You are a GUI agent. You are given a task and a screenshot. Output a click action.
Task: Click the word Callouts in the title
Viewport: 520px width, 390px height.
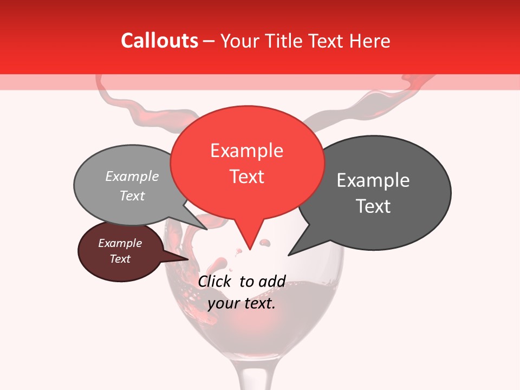pyautogui.click(x=159, y=41)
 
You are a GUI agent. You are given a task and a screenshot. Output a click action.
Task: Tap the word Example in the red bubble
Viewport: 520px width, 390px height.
pyautogui.click(x=246, y=151)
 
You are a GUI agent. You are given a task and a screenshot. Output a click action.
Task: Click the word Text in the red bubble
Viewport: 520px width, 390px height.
pyautogui.click(x=246, y=177)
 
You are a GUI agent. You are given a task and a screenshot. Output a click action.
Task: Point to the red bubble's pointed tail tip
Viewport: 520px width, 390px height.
pyautogui.click(x=250, y=250)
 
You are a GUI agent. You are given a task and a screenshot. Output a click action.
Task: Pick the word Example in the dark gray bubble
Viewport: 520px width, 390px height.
pyautogui.click(x=373, y=180)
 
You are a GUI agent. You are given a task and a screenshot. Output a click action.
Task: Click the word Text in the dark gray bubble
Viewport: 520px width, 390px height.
pyautogui.click(x=373, y=206)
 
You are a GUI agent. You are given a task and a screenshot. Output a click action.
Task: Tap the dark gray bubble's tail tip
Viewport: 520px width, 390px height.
pyautogui.click(x=289, y=255)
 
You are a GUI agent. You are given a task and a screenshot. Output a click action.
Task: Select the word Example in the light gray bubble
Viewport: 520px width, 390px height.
pyautogui.click(x=132, y=177)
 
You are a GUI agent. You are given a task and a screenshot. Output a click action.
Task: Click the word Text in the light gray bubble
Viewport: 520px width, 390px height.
pyautogui.click(x=132, y=196)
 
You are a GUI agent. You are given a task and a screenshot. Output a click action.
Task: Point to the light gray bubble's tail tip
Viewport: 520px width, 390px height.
pyautogui.click(x=206, y=229)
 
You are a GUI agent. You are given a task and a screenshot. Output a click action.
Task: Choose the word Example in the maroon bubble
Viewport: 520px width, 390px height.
pyautogui.click(x=120, y=243)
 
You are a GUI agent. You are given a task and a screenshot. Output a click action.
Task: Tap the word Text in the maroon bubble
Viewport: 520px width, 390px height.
pyautogui.click(x=120, y=259)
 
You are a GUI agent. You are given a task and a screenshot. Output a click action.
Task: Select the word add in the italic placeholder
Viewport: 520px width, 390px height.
pyautogui.click(x=272, y=281)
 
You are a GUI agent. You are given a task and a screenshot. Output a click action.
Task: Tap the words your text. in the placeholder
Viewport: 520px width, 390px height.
pyautogui.click(x=242, y=303)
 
